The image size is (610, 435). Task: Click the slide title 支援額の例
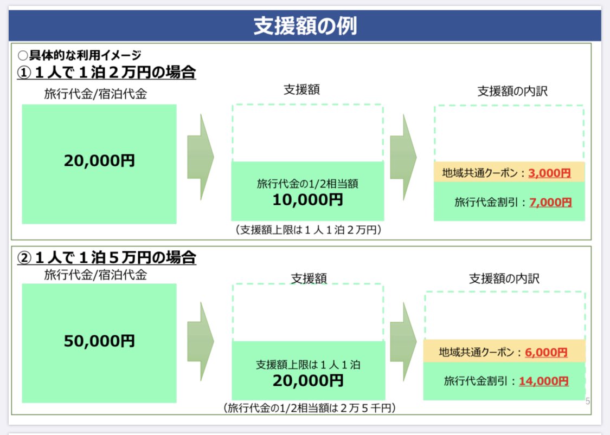pos(305,26)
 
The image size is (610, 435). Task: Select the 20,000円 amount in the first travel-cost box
pos(99,161)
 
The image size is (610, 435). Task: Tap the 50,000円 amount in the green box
pos(99,341)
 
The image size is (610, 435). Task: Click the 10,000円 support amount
pos(307,200)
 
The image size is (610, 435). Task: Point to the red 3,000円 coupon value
pos(549,173)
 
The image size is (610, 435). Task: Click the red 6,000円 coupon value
pos(546,352)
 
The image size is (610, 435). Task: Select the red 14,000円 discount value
pos(543,381)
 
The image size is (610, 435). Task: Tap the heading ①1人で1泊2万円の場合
pos(106,72)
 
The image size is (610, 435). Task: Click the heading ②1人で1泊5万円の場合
pos(106,257)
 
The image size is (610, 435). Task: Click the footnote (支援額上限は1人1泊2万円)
pos(308,230)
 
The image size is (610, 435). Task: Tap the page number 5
pos(588,401)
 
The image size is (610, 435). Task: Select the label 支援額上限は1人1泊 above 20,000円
pos(308,365)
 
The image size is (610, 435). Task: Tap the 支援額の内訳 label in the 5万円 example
pos(504,278)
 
